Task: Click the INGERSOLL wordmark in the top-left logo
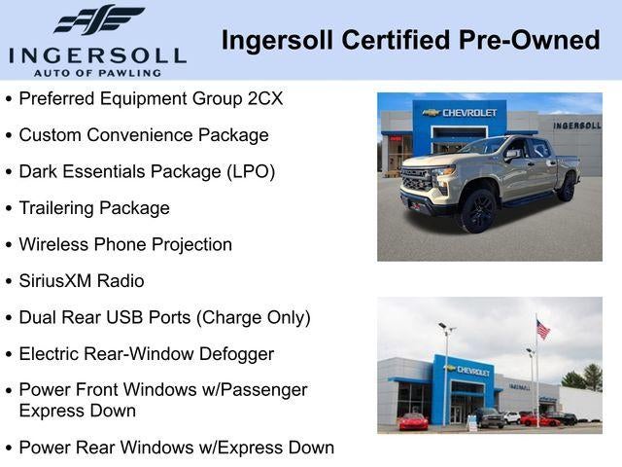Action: (x=96, y=54)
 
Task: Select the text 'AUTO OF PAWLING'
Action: (x=96, y=73)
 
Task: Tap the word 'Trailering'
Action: (x=59, y=208)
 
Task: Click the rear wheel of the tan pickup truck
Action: (x=565, y=186)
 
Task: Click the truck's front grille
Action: (x=416, y=181)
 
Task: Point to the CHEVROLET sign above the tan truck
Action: (x=461, y=113)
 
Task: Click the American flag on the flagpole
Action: (x=542, y=330)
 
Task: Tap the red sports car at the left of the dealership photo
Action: (x=413, y=421)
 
